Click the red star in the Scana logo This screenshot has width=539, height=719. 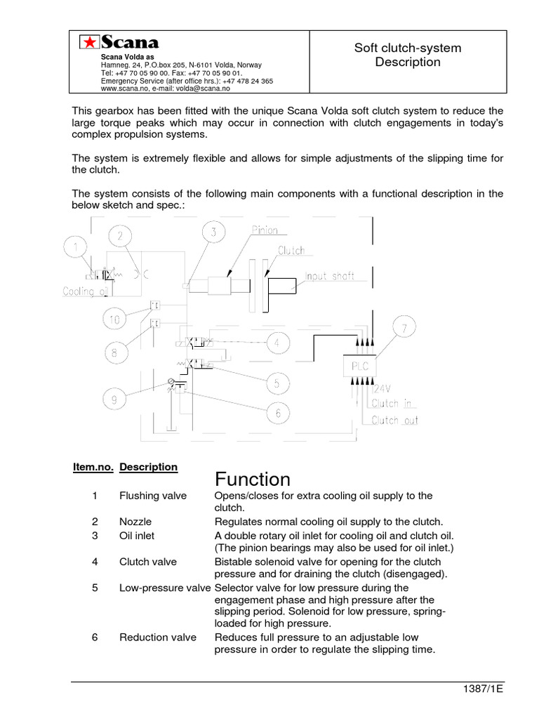coord(88,43)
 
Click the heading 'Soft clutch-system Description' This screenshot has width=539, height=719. coord(407,55)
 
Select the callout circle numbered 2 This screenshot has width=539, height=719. coord(121,237)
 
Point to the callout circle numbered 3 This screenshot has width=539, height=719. coord(213,232)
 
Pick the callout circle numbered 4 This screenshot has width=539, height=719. coord(277,343)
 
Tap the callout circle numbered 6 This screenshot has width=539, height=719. coord(277,414)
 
